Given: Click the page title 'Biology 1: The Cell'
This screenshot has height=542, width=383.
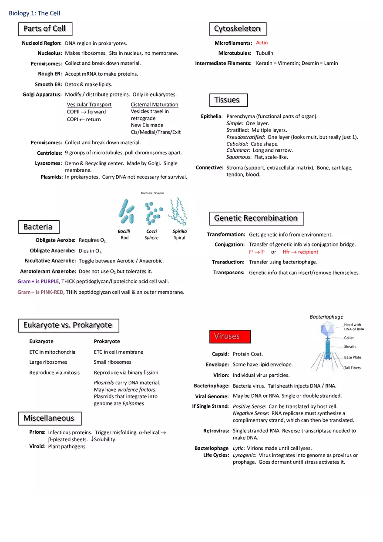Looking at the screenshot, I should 34,13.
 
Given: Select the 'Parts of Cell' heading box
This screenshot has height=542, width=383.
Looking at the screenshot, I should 45,29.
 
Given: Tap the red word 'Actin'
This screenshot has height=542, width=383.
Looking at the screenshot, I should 262,43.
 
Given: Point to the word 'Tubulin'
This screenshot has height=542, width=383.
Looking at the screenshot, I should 264,53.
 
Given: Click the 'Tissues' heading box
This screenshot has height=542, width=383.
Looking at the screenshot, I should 228,100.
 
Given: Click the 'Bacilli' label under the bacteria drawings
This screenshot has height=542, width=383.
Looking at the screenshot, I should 124,231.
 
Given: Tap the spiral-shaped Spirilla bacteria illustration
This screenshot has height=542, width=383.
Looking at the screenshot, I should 178,211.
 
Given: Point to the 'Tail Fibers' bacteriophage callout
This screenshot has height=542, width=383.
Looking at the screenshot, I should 352,368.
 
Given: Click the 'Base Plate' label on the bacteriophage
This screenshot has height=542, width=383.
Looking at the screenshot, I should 352,357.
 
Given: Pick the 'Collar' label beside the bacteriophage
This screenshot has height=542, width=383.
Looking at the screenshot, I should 349,338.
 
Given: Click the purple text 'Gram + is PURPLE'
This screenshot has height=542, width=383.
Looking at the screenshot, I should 38,282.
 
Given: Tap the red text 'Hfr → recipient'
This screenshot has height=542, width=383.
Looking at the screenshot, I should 300,252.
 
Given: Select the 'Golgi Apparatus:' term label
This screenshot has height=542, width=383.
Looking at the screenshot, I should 42,95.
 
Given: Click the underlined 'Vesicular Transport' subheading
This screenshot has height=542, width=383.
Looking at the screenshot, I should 89,104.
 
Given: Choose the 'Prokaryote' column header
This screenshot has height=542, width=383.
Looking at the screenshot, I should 107,341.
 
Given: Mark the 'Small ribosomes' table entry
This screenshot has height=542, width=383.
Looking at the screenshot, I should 112,362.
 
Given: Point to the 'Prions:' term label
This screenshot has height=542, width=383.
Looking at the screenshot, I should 37,432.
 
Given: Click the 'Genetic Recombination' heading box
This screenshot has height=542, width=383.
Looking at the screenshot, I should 256,218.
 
